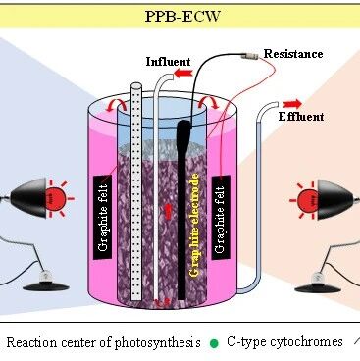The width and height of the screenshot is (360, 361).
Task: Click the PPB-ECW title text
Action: [182, 16]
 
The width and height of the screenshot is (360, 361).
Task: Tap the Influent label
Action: [168, 62]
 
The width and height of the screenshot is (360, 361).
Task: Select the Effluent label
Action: [301, 117]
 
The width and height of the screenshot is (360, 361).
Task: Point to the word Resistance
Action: [293, 54]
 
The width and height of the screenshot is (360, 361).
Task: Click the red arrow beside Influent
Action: [183, 74]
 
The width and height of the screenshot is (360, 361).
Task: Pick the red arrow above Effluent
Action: [292, 104]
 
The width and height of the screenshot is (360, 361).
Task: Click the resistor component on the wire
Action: [250, 56]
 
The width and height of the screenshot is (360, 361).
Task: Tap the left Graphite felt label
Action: [103, 218]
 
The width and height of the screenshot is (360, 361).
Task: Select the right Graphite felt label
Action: [221, 218]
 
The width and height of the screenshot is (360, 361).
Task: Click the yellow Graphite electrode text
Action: [194, 226]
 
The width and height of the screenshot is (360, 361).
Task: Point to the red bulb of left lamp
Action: [55, 198]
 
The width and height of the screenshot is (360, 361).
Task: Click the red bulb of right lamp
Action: [308, 199]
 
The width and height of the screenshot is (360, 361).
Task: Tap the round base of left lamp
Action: [46, 286]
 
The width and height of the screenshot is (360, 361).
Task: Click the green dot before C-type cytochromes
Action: [214, 343]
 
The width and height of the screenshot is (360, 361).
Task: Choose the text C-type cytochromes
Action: [284, 342]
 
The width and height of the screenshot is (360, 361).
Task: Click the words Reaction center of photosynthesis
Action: [103, 342]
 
